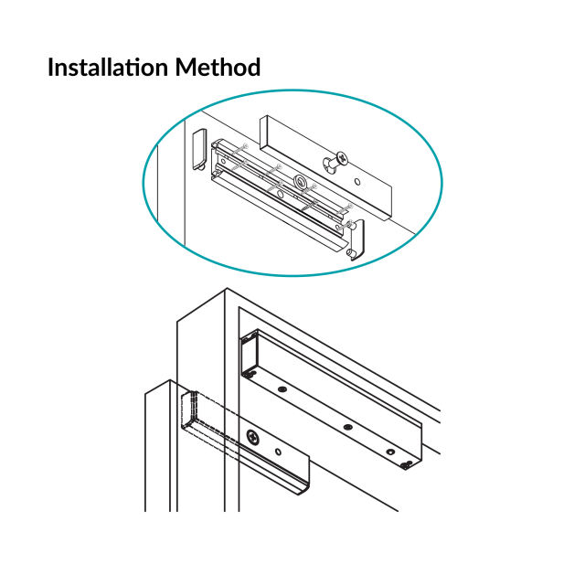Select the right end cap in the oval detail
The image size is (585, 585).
[x=356, y=239]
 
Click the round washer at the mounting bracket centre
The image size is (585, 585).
[x=299, y=182]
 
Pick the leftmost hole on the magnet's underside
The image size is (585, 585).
[x=282, y=390]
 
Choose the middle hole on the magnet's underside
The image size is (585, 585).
[x=347, y=425]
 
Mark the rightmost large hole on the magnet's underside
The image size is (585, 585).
[x=390, y=452]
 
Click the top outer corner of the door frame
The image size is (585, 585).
[x=226, y=291]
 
